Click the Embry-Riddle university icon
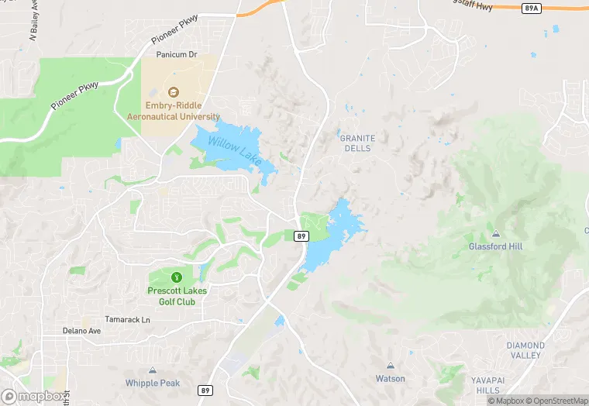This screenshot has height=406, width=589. click(173, 91)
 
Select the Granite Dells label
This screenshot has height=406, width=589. click(357, 143)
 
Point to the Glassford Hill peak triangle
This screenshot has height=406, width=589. click(496, 233)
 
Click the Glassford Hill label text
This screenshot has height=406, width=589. click(496, 246)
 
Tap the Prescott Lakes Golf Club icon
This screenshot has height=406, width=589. click(175, 276)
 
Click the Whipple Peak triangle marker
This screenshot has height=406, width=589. click(153, 371)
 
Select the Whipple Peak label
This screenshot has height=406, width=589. click(153, 384)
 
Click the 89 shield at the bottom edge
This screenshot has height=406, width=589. click(205, 391)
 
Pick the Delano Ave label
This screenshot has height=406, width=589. click(82, 331)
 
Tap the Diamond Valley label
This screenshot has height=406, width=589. click(525, 350)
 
